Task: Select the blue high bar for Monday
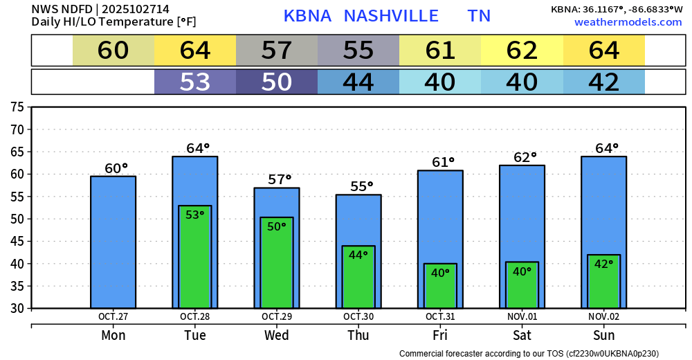pyautogui.click(x=113, y=242)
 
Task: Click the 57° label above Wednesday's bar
pyautogui.click(x=280, y=180)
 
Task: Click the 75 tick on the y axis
pyautogui.click(x=17, y=107)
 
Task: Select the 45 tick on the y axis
pyautogui.click(x=17, y=242)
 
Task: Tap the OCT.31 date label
pyautogui.click(x=440, y=317)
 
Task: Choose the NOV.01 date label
pyautogui.click(x=522, y=317)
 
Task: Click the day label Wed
pyautogui.click(x=277, y=336)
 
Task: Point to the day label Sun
pyautogui.click(x=603, y=336)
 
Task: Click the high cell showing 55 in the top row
pyautogui.click(x=358, y=51)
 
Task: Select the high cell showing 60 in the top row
pyautogui.click(x=113, y=51)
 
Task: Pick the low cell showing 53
pyautogui.click(x=195, y=82)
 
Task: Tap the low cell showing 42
pyautogui.click(x=603, y=82)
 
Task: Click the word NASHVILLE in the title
pyautogui.click(x=391, y=16)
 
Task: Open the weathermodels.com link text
pyautogui.click(x=628, y=22)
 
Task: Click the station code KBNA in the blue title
pyautogui.click(x=307, y=16)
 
